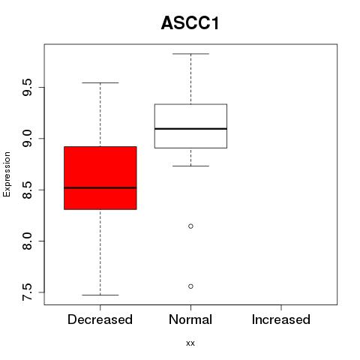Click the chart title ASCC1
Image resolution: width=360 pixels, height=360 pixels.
coord(190,23)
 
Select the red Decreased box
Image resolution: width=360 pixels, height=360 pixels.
coord(100,178)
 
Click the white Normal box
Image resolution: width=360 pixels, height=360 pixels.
coord(190,126)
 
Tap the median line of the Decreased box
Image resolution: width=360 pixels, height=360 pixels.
coord(100,187)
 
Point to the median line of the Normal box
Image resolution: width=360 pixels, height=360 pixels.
coord(190,129)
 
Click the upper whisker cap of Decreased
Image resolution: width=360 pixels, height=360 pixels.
coord(100,82)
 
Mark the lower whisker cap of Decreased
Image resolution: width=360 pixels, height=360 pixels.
coord(100,295)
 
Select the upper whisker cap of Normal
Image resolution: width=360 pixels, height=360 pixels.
coord(190,54)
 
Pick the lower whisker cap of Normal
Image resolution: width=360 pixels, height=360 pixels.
coord(190,166)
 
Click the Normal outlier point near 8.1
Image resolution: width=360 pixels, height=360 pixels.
coord(190,226)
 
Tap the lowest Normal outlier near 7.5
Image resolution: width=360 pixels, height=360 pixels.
coord(190,286)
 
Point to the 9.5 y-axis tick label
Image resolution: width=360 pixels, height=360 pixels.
coord(27,87)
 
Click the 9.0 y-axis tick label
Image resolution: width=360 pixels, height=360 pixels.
coord(27,139)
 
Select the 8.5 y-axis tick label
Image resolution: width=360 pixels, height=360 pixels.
coord(27,190)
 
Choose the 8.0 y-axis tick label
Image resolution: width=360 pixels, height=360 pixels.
coord(27,241)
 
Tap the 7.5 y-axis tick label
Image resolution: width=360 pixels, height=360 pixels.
coord(27,292)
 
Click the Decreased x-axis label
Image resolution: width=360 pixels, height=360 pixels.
coord(100,319)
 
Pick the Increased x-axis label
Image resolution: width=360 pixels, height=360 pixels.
coord(281,319)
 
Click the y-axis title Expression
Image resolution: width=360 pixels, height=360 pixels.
coord(7,174)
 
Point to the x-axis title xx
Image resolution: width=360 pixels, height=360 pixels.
coord(190,343)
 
